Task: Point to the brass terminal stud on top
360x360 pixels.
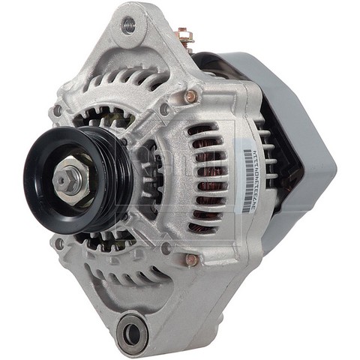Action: (183, 35)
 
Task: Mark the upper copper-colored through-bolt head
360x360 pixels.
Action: (191, 96)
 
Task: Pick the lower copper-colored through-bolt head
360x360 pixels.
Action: (191, 259)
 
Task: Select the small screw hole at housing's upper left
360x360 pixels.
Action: (57, 111)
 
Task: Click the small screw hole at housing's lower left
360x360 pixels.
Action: (59, 243)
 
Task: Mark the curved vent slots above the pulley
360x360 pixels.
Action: (120, 80)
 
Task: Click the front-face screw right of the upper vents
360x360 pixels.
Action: (164, 109)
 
